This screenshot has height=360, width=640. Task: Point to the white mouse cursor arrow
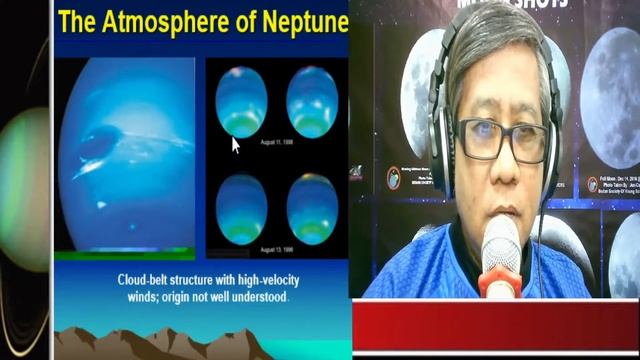coord(236,145)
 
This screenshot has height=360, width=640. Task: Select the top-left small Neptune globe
coord(241,102)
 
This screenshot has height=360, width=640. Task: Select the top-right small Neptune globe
coord(312,102)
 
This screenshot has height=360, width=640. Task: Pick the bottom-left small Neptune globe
coord(241,208)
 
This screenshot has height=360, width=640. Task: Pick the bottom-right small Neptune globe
coord(312,208)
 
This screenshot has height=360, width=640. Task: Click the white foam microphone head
coord(501,246)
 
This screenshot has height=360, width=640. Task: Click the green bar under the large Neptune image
coord(124,255)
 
